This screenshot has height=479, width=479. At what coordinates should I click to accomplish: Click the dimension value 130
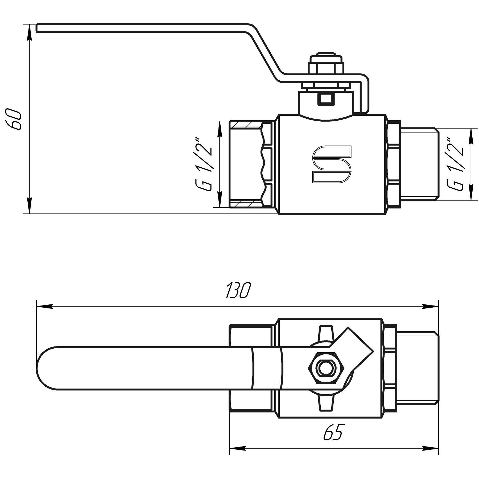click(238, 290)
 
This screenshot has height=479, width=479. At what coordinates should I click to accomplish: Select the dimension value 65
click(333, 432)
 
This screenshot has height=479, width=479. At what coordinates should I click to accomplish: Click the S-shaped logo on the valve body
click(332, 164)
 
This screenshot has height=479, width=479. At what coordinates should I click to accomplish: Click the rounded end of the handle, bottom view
click(47, 368)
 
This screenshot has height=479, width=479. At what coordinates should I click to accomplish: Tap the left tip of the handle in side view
click(38, 28)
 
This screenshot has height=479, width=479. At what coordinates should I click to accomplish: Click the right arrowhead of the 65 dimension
click(431, 447)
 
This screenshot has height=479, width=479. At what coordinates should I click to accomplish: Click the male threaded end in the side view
click(419, 164)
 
